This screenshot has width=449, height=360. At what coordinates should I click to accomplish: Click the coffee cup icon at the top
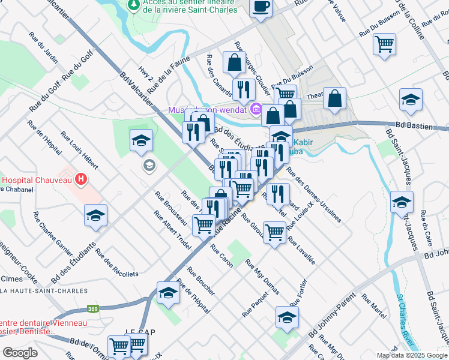261,7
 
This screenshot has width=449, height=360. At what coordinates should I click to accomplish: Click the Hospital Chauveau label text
36,179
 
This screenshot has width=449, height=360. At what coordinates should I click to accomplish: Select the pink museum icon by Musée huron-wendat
256,110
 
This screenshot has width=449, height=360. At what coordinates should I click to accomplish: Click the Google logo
20,352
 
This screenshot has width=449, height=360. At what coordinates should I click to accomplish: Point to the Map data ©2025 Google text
412,355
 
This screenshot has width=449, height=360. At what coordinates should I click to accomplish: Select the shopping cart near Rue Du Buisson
384,43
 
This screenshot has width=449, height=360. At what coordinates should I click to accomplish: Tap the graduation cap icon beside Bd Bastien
411,100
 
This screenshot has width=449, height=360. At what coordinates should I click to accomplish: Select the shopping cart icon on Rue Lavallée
274,230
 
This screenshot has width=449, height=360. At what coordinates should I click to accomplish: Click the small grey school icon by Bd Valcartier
148,164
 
